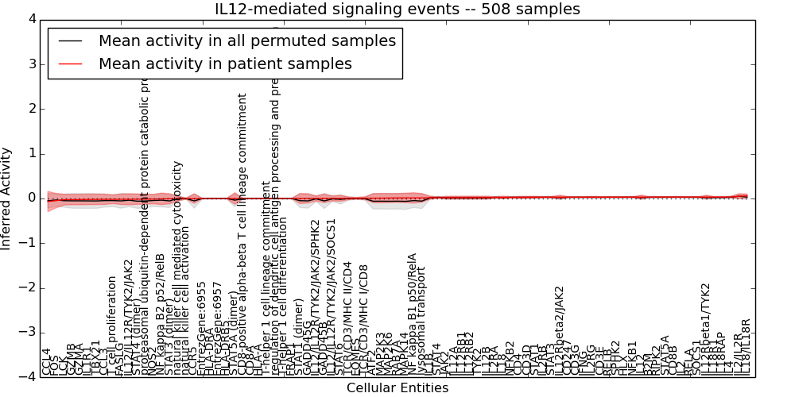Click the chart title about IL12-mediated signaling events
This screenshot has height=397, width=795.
coord(397,9)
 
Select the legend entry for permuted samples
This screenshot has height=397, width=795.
coord(246,40)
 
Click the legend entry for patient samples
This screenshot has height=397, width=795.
coord(224,64)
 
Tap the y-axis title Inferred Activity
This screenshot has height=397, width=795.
coord(7,198)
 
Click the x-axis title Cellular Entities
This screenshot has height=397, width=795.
coord(397,388)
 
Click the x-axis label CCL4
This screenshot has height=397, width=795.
coord(46,361)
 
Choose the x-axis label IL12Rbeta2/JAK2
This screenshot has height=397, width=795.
coord(559,330)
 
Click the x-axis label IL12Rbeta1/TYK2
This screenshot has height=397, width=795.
coord(704,333)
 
